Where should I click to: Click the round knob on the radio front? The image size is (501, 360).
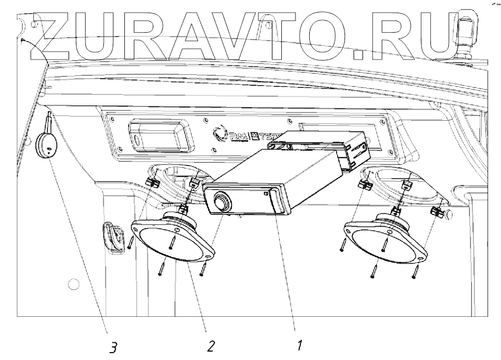pyautogui.click(x=221, y=200)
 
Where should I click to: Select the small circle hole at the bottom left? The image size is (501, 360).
pyautogui.click(x=74, y=285)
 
